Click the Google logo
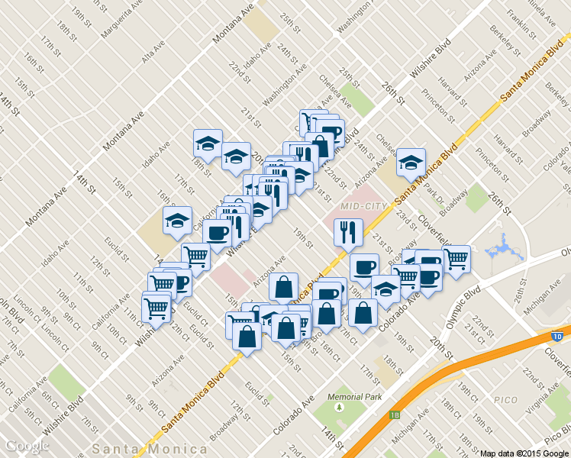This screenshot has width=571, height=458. click(27, 447)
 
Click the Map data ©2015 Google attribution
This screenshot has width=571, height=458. click(524, 453)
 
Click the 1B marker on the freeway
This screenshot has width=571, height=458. click(394, 415)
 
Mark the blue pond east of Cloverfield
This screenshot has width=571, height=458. click(500, 249)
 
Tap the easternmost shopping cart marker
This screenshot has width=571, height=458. click(456, 259)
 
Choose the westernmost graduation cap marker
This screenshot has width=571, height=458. click(177, 221)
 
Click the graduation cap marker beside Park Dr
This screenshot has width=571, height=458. click(411, 162)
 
